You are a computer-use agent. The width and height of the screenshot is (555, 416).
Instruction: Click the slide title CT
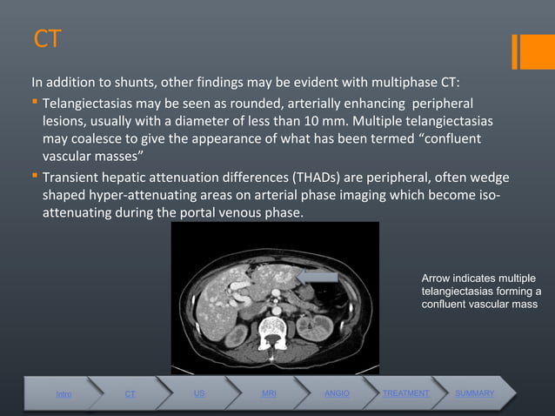click(47, 40)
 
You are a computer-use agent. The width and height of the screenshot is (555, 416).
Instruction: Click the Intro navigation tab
click(64, 394)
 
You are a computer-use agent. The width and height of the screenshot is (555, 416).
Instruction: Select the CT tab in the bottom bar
click(130, 394)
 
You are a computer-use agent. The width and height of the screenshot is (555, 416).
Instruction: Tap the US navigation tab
click(199, 393)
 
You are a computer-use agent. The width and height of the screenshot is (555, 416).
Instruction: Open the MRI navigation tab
click(269, 393)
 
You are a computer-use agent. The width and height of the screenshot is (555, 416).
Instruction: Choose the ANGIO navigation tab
click(337, 393)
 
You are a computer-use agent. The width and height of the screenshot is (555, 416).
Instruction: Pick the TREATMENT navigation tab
click(405, 393)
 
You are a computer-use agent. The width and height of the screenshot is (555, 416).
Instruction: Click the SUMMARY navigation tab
click(474, 393)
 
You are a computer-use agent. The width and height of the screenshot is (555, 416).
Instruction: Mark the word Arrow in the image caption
click(435, 277)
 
